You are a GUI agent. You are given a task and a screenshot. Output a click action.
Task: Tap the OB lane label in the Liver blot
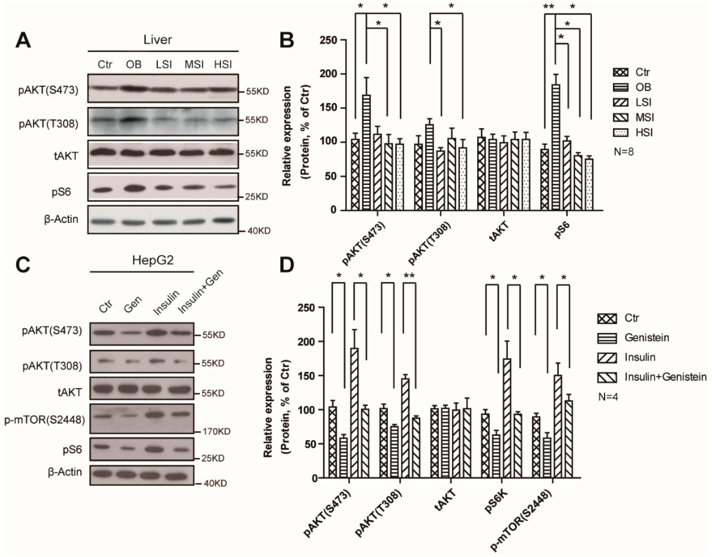click(x=134, y=64)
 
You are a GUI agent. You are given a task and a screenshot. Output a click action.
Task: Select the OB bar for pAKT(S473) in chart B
click(x=366, y=152)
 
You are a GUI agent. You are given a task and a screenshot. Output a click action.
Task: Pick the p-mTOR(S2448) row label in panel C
click(x=45, y=420)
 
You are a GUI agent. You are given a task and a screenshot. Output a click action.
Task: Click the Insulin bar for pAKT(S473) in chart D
click(x=354, y=413)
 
